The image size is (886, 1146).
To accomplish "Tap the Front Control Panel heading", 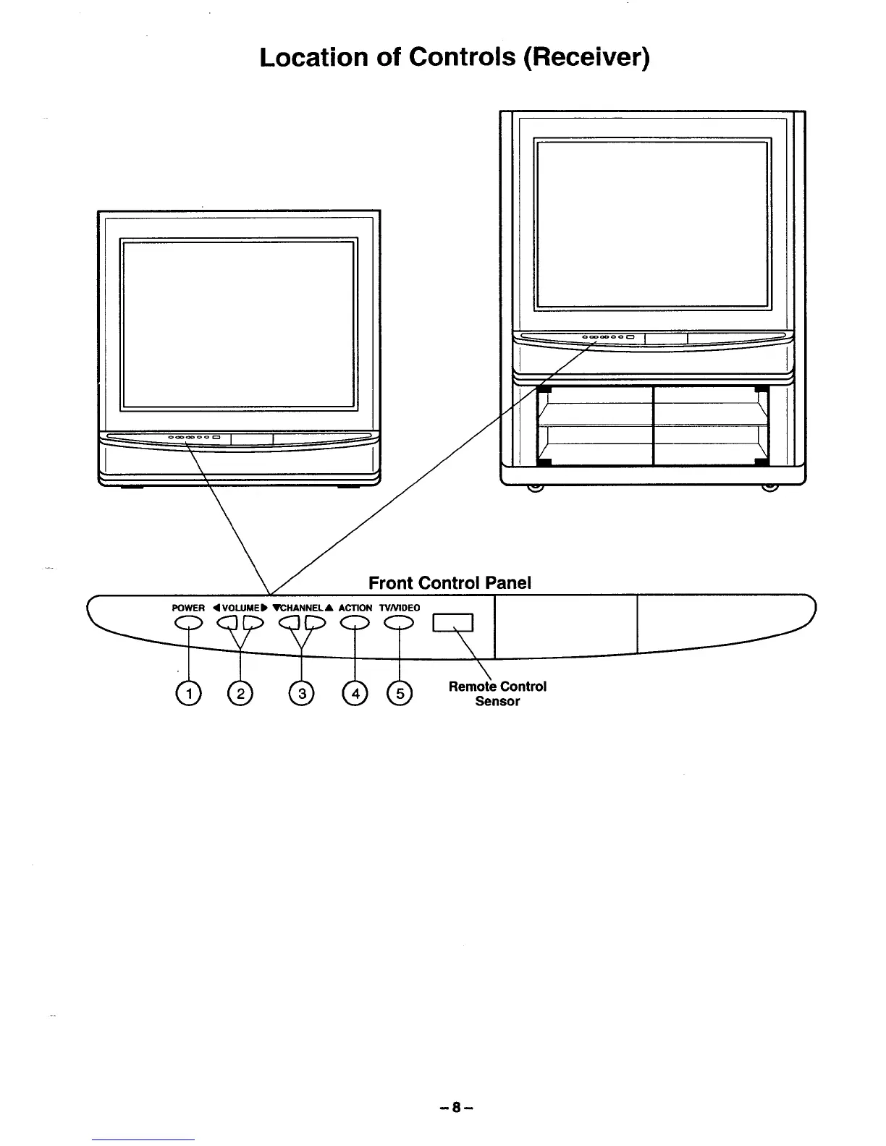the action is [450, 582].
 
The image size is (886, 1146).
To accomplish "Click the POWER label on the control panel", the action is [188, 608].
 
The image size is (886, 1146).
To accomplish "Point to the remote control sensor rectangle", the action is [452, 623].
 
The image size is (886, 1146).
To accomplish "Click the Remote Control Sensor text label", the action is [497, 693].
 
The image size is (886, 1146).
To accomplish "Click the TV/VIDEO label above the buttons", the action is [399, 608].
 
